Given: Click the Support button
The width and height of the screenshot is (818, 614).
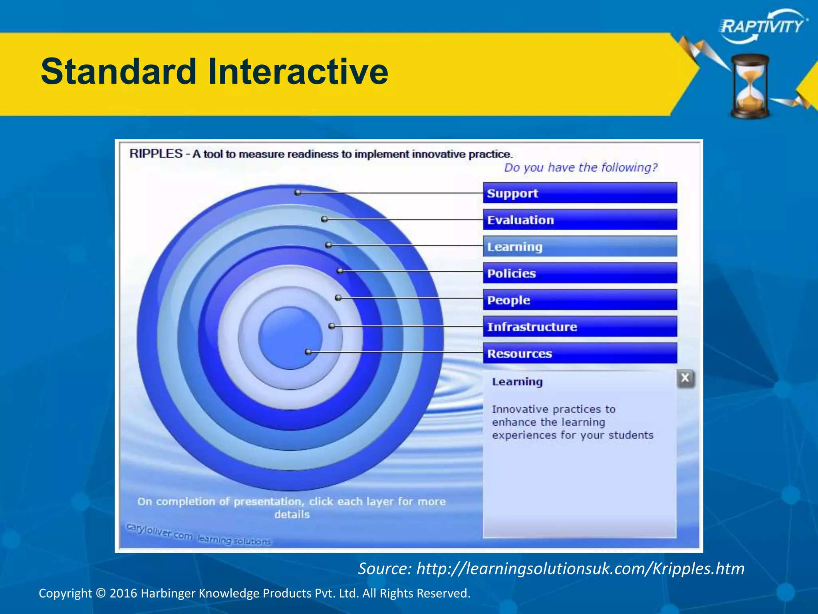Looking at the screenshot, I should [x=580, y=193].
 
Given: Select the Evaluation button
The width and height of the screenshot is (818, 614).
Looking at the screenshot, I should [x=580, y=220].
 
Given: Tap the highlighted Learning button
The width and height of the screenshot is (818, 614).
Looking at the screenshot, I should [x=580, y=247].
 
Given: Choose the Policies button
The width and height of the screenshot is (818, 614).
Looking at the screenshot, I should [x=580, y=273].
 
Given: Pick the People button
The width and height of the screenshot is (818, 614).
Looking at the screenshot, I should [x=580, y=300].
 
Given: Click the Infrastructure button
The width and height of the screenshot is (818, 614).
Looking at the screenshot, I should [x=580, y=327].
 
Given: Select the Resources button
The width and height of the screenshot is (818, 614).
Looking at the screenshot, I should [x=580, y=353].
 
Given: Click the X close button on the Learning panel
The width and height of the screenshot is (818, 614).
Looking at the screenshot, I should [x=685, y=378].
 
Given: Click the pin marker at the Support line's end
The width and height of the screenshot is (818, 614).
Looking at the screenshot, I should [x=298, y=193].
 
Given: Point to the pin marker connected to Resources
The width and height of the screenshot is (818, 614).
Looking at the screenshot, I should [x=308, y=352].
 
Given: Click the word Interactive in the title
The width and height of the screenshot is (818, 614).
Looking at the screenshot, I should [x=298, y=72].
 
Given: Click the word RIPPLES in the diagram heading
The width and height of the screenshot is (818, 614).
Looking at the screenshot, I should [x=156, y=154].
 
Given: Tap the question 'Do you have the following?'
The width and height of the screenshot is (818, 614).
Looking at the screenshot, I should [x=580, y=167].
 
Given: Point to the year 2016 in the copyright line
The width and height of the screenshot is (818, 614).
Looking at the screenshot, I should [x=123, y=593].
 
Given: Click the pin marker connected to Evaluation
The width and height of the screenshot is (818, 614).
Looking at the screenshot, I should [x=324, y=219].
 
